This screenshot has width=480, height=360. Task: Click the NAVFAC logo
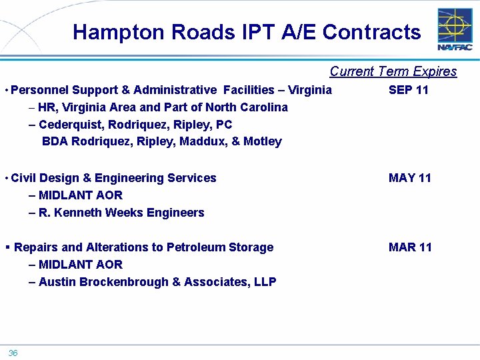[455, 29]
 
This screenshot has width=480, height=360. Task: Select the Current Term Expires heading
[393, 71]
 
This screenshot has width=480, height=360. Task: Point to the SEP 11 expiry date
[408, 90]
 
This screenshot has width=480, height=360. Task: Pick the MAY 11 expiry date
[409, 178]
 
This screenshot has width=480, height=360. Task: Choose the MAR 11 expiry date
[409, 247]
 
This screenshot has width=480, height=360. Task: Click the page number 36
[13, 353]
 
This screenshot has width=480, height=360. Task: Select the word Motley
[263, 141]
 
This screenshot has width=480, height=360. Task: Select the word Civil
[24, 178]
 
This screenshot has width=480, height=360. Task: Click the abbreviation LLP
[264, 282]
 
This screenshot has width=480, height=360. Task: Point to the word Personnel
[39, 90]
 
